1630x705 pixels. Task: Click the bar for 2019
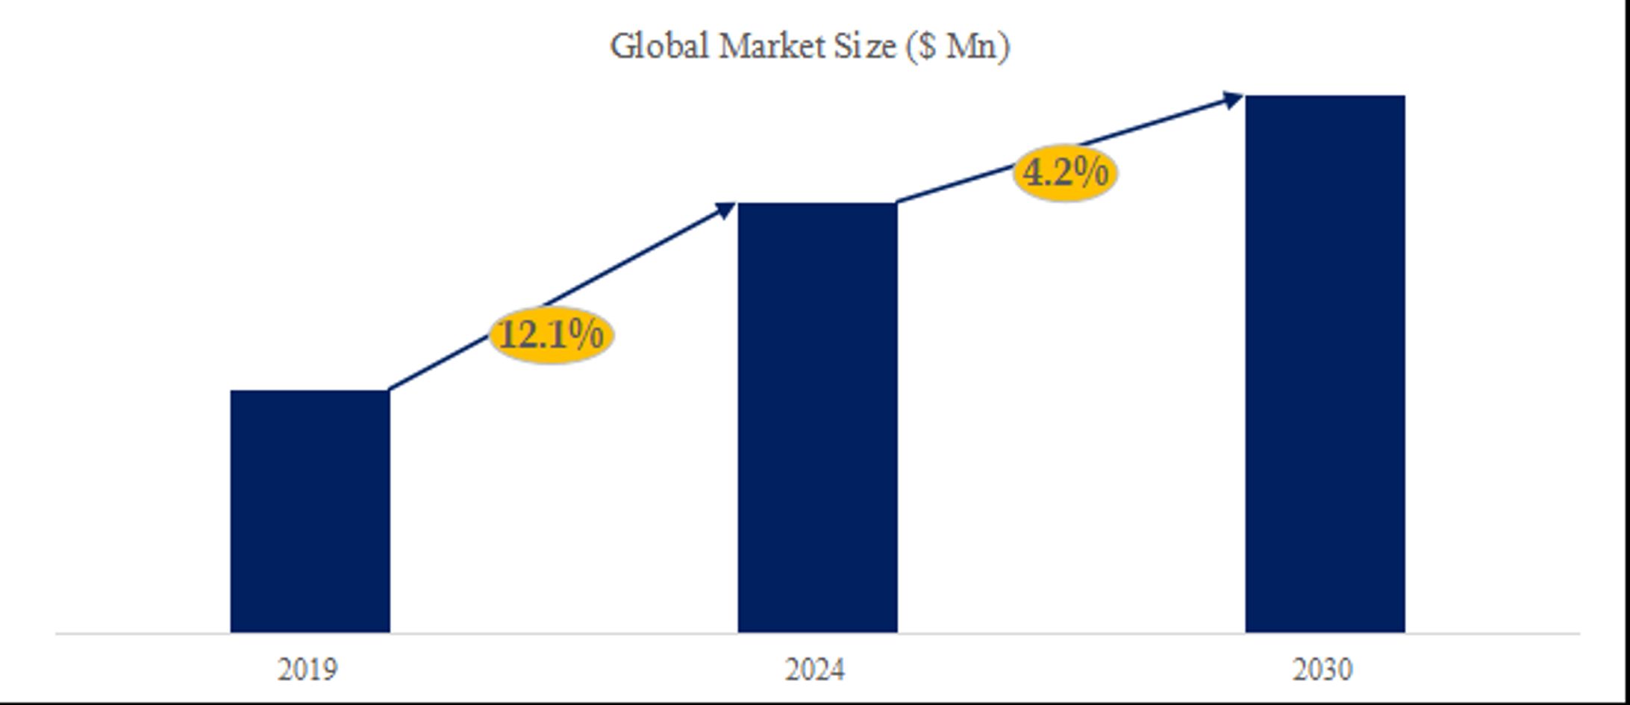pyautogui.click(x=310, y=511)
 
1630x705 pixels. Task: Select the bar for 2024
pyautogui.click(x=817, y=418)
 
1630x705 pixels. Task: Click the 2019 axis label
pyautogui.click(x=307, y=670)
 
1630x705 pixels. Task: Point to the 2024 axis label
pyautogui.click(x=815, y=670)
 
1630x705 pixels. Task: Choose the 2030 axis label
pyautogui.click(x=1323, y=670)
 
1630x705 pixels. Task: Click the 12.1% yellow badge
pyautogui.click(x=552, y=334)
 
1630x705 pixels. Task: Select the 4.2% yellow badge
pyautogui.click(x=1065, y=173)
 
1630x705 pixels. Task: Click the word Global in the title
pyautogui.click(x=659, y=46)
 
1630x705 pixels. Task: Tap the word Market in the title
pyautogui.click(x=770, y=46)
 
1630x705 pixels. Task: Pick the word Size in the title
pyautogui.click(x=865, y=46)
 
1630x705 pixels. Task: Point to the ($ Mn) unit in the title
pyautogui.click(x=958, y=46)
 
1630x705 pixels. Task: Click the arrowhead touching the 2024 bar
pyautogui.click(x=726, y=209)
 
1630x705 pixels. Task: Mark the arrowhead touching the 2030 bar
pyautogui.click(x=1232, y=99)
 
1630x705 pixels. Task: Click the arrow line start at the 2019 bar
pyautogui.click(x=393, y=387)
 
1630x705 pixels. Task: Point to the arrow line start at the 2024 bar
pyautogui.click(x=900, y=200)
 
